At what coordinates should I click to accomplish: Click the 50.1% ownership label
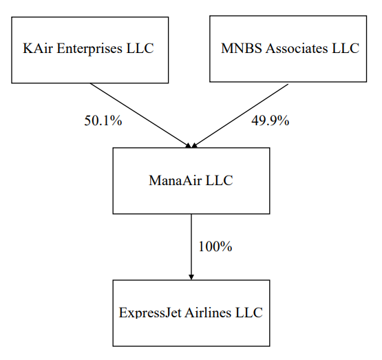pyautogui.click(x=103, y=120)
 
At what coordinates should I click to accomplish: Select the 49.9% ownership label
pyautogui.click(x=270, y=120)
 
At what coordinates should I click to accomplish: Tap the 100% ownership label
pyautogui.click(x=215, y=246)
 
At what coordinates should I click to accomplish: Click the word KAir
pyautogui.click(x=38, y=48)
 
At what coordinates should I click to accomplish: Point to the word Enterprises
pyautogui.click(x=89, y=49)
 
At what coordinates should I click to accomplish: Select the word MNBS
pyautogui.click(x=242, y=48)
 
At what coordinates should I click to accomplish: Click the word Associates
pyautogui.click(x=297, y=48)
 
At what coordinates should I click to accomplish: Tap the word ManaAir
pyautogui.click(x=175, y=180)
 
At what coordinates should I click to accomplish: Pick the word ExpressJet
pyautogui.click(x=150, y=313)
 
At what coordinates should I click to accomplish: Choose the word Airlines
pyautogui.click(x=208, y=313)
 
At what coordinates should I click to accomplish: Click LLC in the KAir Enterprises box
pyautogui.click(x=140, y=48)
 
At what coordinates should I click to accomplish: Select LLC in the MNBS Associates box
pyautogui.click(x=346, y=48)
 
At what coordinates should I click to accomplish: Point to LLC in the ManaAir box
pyautogui.click(x=220, y=180)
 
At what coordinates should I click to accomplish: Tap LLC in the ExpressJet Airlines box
pyautogui.click(x=249, y=313)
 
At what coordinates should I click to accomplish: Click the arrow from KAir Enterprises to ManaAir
pyautogui.click(x=140, y=116)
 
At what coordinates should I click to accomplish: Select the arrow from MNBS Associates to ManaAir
pyautogui.click(x=240, y=116)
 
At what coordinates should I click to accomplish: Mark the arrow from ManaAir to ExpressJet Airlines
pyautogui.click(x=191, y=247)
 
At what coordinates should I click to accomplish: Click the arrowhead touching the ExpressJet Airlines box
pyautogui.click(x=191, y=277)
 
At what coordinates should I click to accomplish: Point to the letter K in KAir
pyautogui.click(x=28, y=48)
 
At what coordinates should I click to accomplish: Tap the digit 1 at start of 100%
pyautogui.click(x=202, y=246)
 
